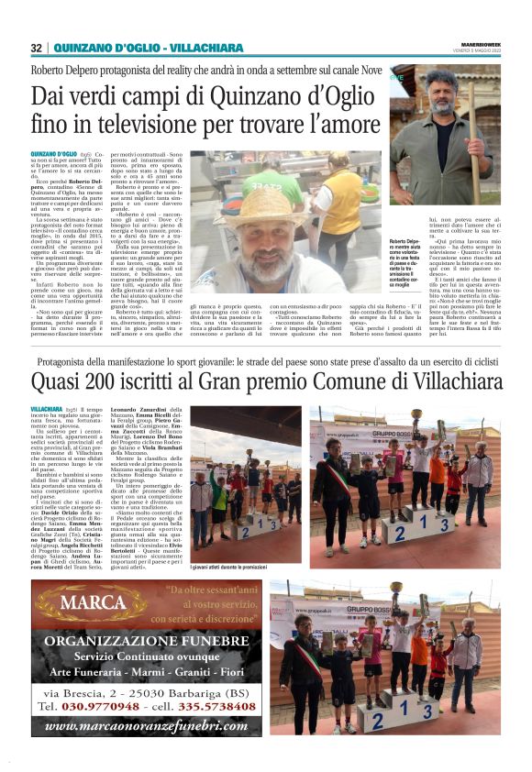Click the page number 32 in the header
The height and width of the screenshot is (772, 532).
tap(36, 48)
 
